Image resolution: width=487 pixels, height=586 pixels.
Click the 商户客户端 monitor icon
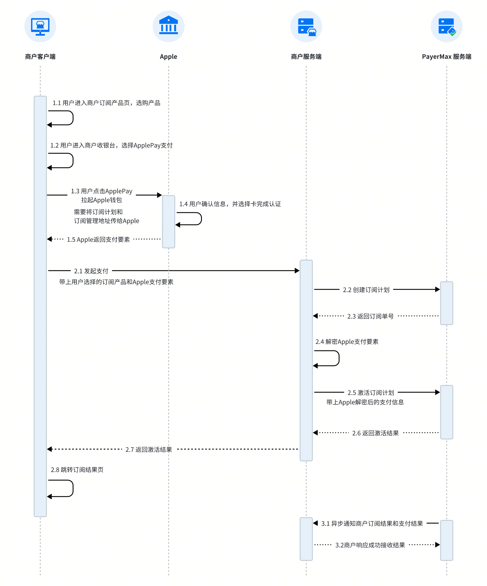40,26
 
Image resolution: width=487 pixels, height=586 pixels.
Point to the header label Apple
168,57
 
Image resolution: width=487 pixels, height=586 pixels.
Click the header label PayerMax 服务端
447,57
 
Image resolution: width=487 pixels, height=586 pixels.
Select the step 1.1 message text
107,103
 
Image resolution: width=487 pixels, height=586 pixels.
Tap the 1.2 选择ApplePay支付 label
111,145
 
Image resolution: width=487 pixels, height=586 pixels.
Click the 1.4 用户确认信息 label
230,204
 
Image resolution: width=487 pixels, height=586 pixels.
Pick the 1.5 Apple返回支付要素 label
98,239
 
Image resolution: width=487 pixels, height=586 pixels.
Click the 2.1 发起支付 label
91,271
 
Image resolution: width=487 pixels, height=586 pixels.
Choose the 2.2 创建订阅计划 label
366,290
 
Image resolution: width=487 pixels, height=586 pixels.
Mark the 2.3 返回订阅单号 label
370,316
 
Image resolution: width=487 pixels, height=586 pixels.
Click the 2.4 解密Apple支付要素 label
347,342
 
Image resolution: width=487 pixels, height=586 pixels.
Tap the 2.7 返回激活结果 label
149,449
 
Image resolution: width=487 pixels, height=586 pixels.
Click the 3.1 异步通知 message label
372,523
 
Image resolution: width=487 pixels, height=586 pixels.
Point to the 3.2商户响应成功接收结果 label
370,545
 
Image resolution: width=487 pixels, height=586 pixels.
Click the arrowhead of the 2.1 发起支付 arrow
297,271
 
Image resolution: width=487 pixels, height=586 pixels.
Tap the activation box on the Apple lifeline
168,222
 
